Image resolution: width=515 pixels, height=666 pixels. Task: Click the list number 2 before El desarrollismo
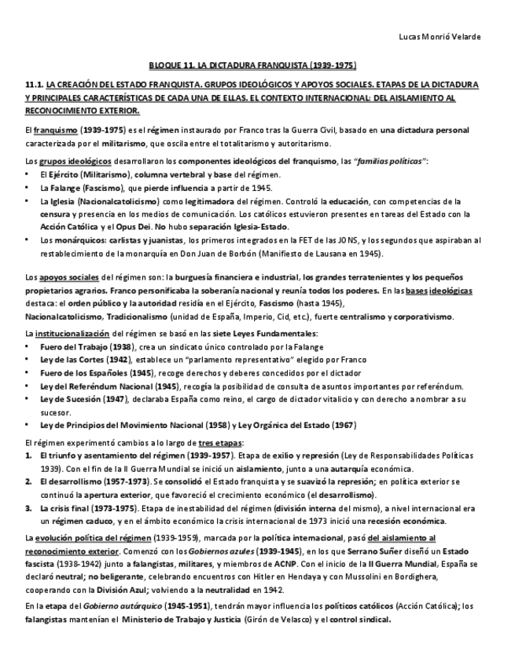pyautogui.click(x=29, y=481)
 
